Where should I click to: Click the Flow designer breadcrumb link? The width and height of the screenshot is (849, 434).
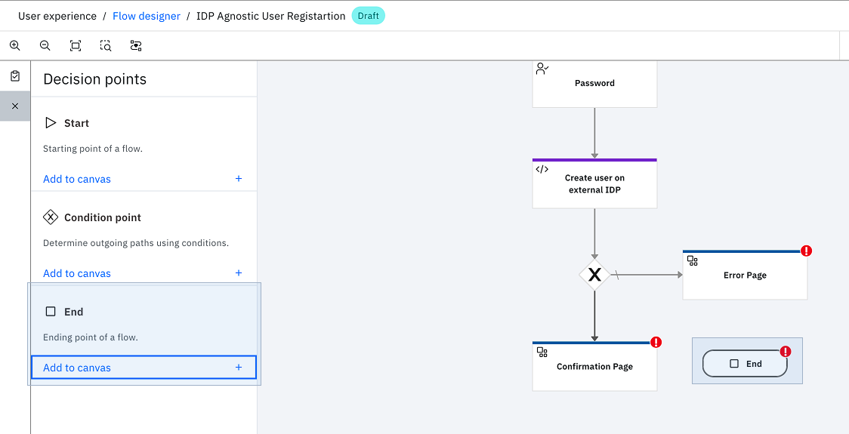[147, 17]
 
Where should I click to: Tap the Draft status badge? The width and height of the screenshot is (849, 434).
[368, 17]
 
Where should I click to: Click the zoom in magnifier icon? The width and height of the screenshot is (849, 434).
[15, 46]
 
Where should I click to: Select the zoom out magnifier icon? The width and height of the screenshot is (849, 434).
[45, 46]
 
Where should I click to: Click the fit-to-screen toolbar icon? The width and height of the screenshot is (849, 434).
[76, 46]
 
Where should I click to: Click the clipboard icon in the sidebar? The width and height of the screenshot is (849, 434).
[15, 76]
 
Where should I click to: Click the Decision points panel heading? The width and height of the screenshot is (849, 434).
[94, 79]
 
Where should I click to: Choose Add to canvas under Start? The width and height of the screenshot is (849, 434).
[77, 179]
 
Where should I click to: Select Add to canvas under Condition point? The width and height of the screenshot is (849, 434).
[77, 273]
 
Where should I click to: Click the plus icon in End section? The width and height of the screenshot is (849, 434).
[239, 368]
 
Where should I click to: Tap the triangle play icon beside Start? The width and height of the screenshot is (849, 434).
[51, 123]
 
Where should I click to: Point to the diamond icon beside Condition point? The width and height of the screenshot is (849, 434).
[51, 217]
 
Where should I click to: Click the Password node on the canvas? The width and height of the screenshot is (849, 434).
[594, 84]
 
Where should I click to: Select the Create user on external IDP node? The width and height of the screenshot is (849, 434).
[594, 183]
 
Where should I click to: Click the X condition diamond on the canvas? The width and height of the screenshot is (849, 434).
[594, 275]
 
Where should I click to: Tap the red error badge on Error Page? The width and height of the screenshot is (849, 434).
[806, 251]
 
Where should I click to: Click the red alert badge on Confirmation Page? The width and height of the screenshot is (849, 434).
[656, 342]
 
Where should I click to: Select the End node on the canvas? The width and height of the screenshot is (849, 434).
[745, 364]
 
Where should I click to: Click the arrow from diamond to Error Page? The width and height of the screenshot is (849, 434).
[647, 275]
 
